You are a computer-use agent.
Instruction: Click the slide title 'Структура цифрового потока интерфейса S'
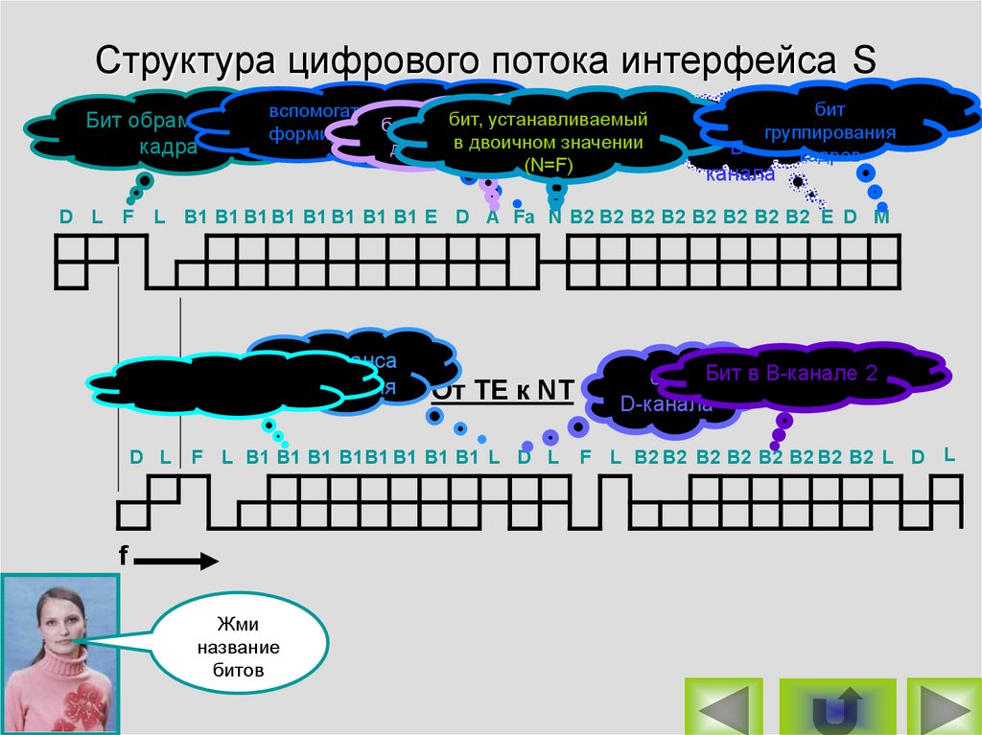click(x=484, y=61)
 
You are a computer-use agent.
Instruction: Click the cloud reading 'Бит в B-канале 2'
click(x=792, y=374)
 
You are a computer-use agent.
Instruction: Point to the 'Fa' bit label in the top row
click(x=524, y=217)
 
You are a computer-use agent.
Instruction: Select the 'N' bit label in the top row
click(x=554, y=217)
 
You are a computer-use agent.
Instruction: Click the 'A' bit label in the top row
click(x=493, y=217)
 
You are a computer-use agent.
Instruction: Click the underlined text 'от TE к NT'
click(x=503, y=390)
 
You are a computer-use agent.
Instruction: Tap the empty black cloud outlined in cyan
click(x=230, y=383)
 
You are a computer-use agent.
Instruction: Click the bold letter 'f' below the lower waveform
click(x=124, y=555)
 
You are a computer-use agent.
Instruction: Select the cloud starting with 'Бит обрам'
click(x=129, y=134)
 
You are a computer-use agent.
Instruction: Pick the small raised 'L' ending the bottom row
click(x=949, y=453)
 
